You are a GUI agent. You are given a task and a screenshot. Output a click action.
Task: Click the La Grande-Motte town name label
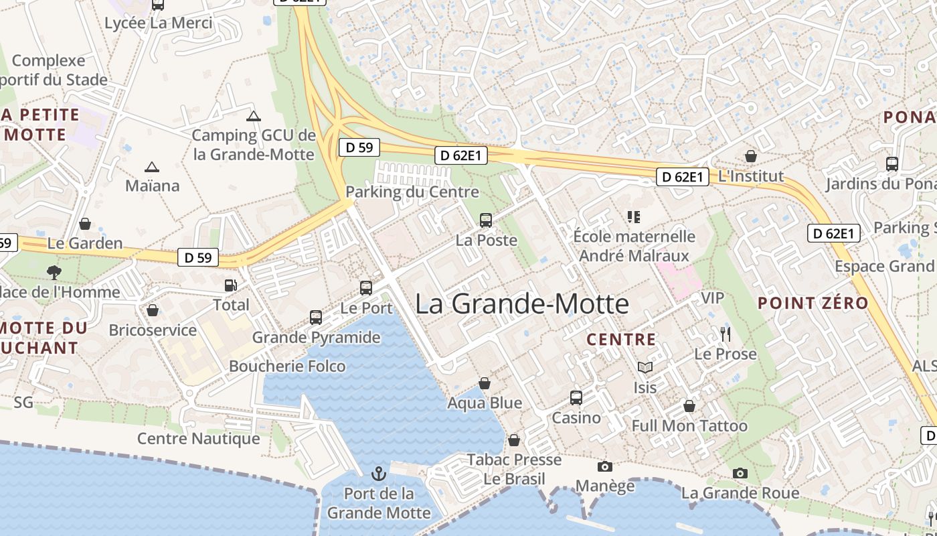(x=522, y=304)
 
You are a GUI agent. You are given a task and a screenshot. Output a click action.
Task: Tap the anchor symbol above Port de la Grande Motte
(x=379, y=474)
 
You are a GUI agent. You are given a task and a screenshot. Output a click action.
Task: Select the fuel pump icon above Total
(x=231, y=285)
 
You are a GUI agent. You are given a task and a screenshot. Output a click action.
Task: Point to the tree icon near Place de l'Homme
(x=54, y=272)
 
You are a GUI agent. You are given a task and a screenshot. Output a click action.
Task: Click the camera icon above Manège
(x=604, y=466)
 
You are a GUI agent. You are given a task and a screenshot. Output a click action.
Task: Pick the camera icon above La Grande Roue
(x=740, y=473)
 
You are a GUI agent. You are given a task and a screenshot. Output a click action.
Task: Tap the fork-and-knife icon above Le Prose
(x=726, y=334)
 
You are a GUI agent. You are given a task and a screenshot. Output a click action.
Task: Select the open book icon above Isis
(x=645, y=367)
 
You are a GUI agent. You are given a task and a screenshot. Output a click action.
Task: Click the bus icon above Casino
(x=576, y=398)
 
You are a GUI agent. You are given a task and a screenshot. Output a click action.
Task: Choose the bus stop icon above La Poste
(x=486, y=220)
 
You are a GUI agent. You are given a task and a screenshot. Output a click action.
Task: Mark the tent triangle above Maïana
(x=152, y=167)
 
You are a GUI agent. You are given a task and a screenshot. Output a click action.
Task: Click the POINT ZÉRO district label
(x=813, y=303)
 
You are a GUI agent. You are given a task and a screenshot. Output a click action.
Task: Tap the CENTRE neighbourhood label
(x=621, y=340)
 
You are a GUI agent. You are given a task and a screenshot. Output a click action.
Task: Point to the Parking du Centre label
(x=412, y=192)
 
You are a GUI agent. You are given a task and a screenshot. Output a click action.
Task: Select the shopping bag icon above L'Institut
(x=751, y=156)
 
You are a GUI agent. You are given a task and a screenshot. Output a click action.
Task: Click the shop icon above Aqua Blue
(x=485, y=383)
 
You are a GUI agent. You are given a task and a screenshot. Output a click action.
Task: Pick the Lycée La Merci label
(x=159, y=23)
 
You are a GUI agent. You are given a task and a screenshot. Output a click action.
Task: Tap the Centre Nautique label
(x=199, y=439)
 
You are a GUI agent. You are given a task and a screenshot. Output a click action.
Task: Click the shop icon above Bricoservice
(x=153, y=310)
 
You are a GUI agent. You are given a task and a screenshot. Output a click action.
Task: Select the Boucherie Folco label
(x=287, y=366)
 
